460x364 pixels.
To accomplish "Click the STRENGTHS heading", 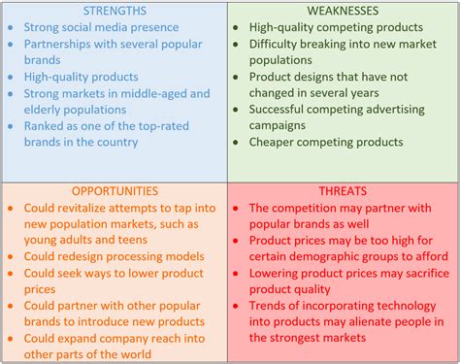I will coord(115,11).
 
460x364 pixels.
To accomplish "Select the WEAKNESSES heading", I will coord(343,11).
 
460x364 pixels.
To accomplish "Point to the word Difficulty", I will coord(279,44).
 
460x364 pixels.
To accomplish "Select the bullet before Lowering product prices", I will coord(239,273).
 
